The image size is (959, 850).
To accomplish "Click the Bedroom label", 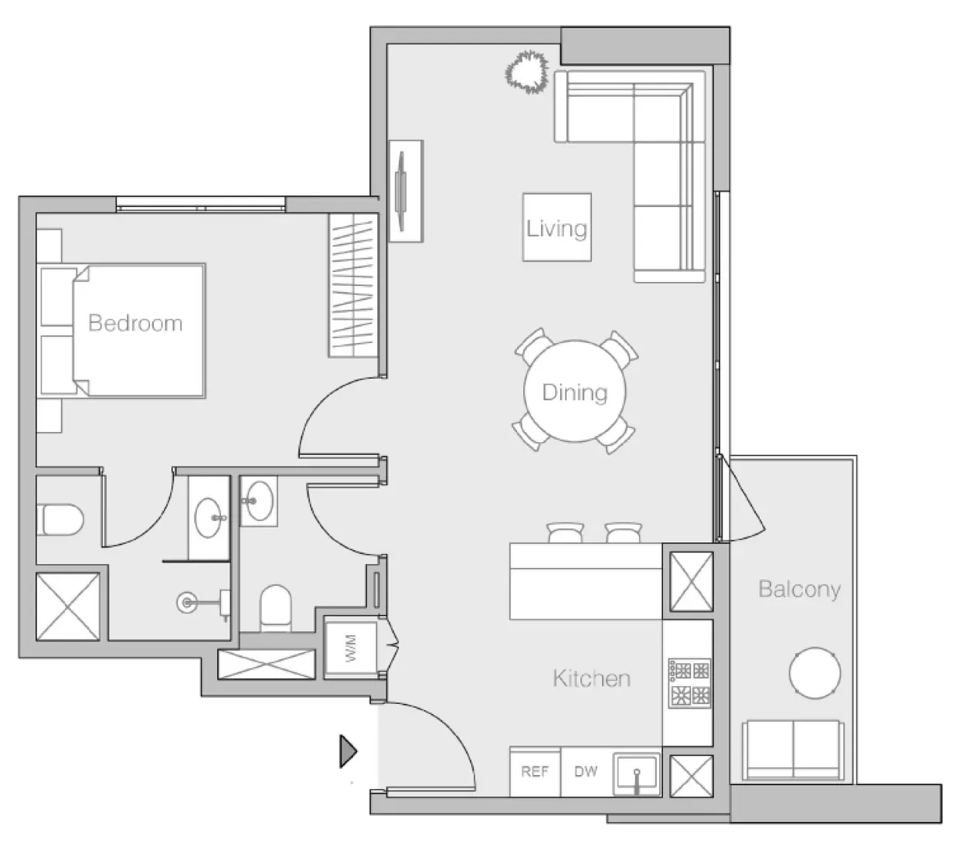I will [x=135, y=323].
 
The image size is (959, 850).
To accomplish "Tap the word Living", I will [x=556, y=228].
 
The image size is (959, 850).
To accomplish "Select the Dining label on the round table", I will [x=574, y=393].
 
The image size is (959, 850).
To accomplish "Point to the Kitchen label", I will [x=591, y=678].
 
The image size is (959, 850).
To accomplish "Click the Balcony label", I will [x=799, y=590].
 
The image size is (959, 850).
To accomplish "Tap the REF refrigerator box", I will [x=535, y=772].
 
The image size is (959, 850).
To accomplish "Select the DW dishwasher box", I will [x=586, y=772].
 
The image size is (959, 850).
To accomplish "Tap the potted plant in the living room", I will [x=527, y=73].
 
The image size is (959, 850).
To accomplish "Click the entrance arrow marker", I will [x=349, y=751].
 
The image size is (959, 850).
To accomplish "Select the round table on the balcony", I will [x=814, y=673].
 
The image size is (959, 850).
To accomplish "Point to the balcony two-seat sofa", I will [x=792, y=750].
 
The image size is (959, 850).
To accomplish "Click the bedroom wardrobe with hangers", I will [x=352, y=285].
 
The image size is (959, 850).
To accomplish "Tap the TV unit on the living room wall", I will [x=404, y=191].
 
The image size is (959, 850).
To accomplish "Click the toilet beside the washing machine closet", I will [x=275, y=607].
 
